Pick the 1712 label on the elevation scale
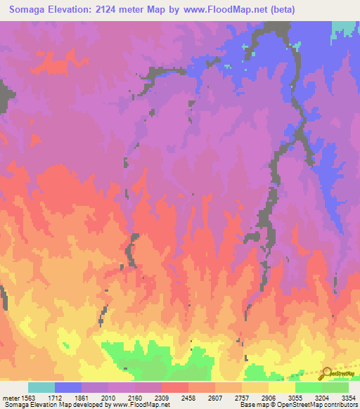(x=56, y=397)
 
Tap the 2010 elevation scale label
(x=109, y=397)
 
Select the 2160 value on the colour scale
(x=136, y=397)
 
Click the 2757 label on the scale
(x=243, y=397)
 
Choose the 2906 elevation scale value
(x=269, y=397)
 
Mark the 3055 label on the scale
(x=296, y=397)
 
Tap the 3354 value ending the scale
(x=349, y=397)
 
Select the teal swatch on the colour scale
(x=41, y=387)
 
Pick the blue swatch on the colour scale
(x=68, y=387)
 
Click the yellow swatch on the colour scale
(x=281, y=387)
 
